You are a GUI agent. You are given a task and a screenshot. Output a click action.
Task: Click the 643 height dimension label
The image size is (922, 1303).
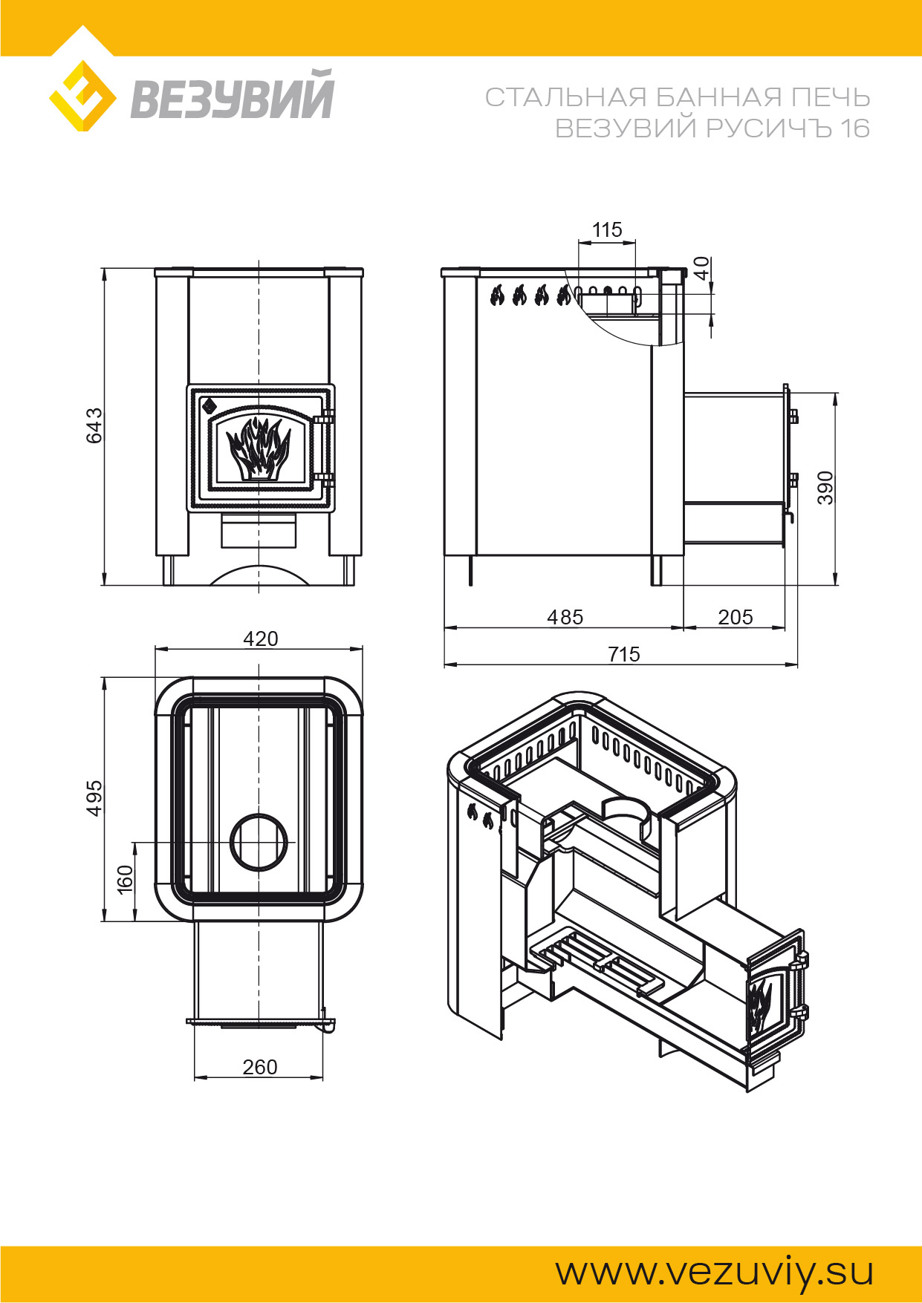(x=94, y=425)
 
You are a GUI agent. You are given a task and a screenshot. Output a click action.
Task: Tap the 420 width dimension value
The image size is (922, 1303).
(x=260, y=639)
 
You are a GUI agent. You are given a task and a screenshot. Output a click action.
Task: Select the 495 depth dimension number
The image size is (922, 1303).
(x=94, y=798)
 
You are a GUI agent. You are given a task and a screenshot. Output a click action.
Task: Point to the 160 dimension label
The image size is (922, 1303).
(x=125, y=879)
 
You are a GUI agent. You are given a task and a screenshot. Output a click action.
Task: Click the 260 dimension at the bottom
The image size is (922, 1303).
(x=259, y=1067)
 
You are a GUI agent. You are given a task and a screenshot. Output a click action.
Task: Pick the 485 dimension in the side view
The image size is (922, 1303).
(x=565, y=617)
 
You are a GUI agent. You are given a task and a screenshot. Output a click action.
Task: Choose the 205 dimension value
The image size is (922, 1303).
(x=735, y=617)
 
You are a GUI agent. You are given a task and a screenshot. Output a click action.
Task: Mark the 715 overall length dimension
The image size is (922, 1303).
(x=623, y=654)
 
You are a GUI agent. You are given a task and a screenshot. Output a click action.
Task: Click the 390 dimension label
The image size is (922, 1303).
(x=825, y=488)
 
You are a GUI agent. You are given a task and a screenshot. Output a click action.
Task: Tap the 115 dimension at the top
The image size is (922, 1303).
(x=606, y=230)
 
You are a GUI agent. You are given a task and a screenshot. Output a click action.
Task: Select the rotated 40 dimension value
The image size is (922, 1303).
(x=701, y=268)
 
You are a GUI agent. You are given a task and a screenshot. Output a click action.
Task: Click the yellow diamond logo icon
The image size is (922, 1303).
(x=82, y=97)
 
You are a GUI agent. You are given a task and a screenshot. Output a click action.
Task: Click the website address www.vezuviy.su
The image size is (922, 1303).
(x=714, y=1271)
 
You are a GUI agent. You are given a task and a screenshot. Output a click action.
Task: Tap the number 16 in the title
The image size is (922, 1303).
(x=854, y=128)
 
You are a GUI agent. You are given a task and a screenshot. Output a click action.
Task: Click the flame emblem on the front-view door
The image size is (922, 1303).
(x=258, y=448)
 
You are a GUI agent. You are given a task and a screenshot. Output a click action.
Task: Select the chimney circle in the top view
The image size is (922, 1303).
(x=259, y=842)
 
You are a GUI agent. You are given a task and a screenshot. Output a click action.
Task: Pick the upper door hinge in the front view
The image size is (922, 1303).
(x=324, y=418)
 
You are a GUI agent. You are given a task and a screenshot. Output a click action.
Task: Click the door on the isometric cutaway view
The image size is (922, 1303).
(x=774, y=1002)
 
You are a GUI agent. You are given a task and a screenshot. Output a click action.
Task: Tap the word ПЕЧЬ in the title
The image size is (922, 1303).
(x=831, y=97)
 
